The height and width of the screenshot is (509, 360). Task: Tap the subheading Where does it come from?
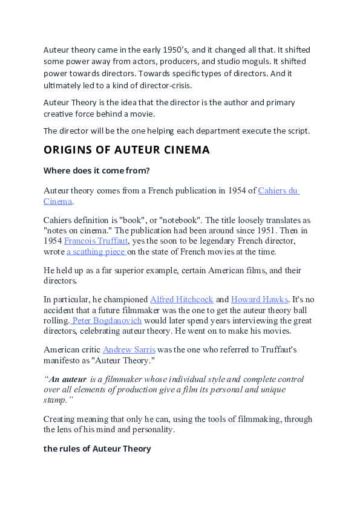pos(96,170)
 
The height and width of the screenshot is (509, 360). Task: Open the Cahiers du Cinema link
pos(278,190)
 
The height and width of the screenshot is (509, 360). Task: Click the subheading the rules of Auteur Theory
pos(97,449)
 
